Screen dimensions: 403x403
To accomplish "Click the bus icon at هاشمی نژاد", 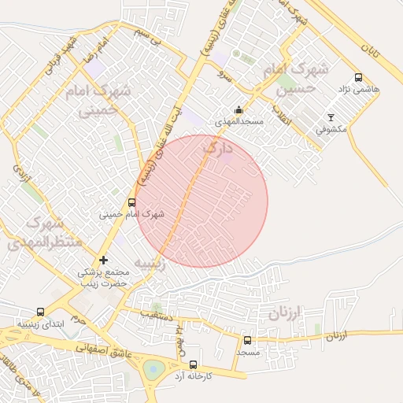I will (359, 78).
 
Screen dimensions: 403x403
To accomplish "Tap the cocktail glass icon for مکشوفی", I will (331, 117).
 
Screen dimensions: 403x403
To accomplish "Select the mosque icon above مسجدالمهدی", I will (238, 110).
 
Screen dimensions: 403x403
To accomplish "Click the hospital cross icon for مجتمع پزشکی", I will (103, 260).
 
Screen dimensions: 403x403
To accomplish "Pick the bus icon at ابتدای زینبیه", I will (41, 312).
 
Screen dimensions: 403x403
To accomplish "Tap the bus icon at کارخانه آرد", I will (194, 364).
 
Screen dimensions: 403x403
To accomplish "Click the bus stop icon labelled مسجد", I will (247, 341).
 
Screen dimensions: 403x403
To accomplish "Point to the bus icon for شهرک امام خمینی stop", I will (131, 202).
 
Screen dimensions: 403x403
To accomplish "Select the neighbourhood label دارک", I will (218, 147).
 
